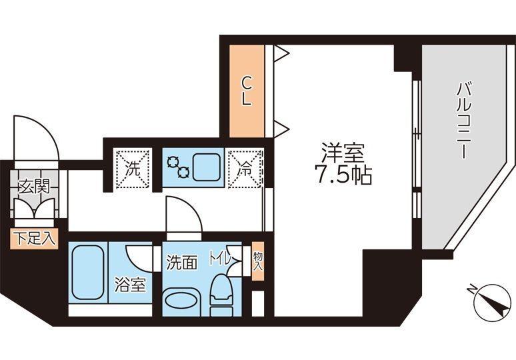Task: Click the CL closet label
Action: tap(246, 91)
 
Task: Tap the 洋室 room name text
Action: tap(342, 154)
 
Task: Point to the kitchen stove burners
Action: tap(179, 167)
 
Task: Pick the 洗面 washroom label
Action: tap(181, 262)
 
